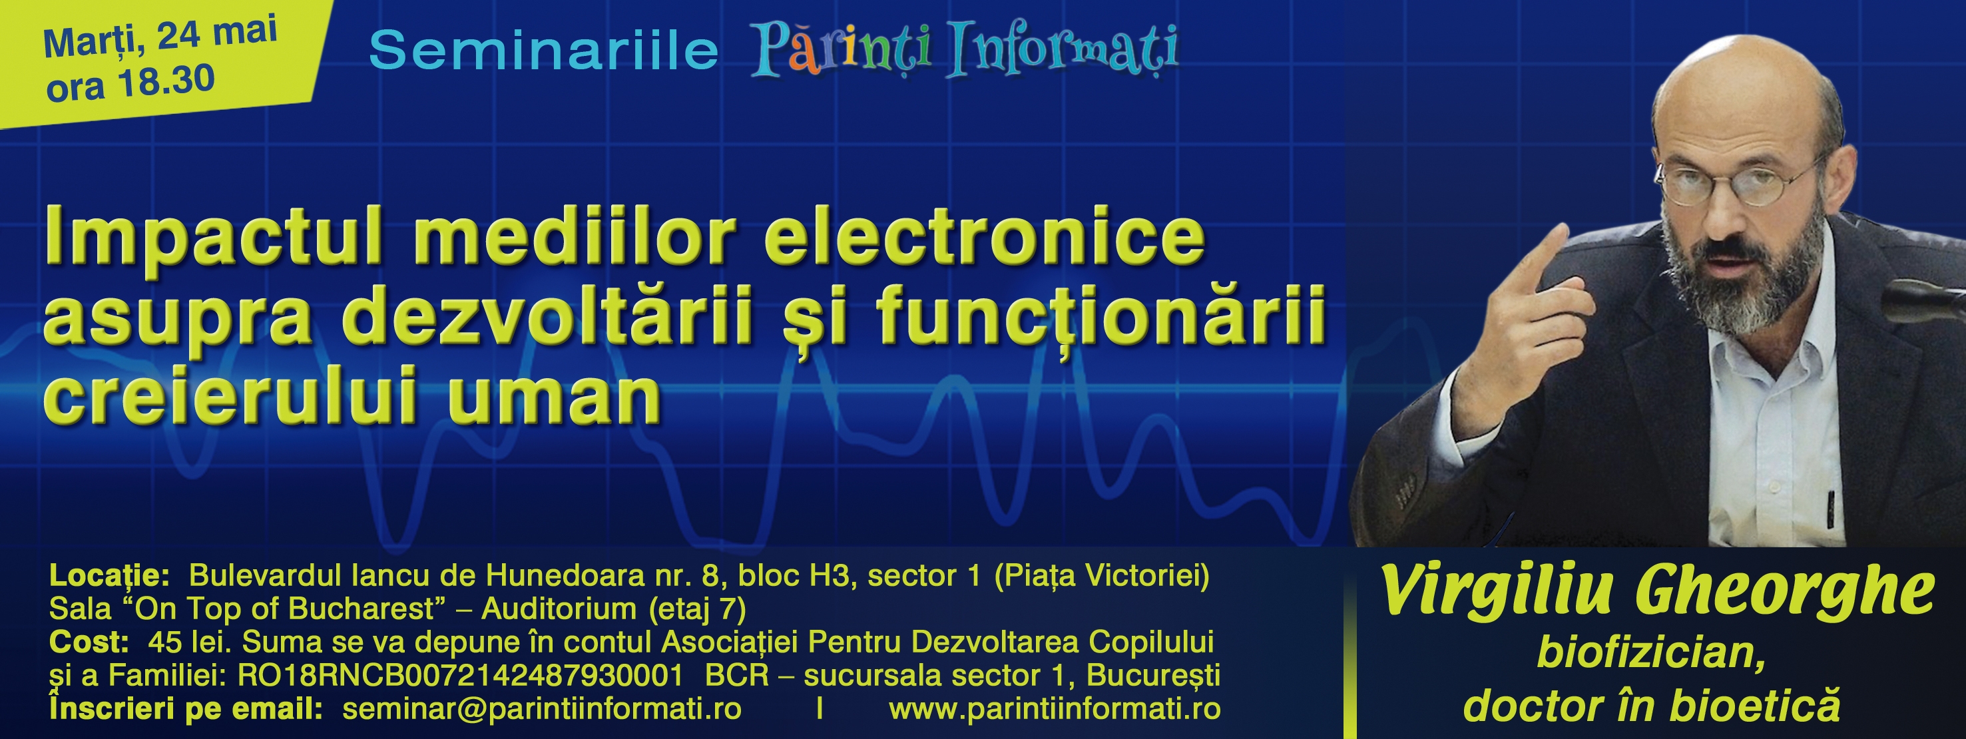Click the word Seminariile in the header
[543, 51]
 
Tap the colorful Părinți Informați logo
[965, 51]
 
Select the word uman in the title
[555, 399]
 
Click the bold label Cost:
[89, 642]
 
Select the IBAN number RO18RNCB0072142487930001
[460, 676]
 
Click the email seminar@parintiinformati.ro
[542, 709]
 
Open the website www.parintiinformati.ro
[1055, 709]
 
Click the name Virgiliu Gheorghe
[1657, 593]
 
